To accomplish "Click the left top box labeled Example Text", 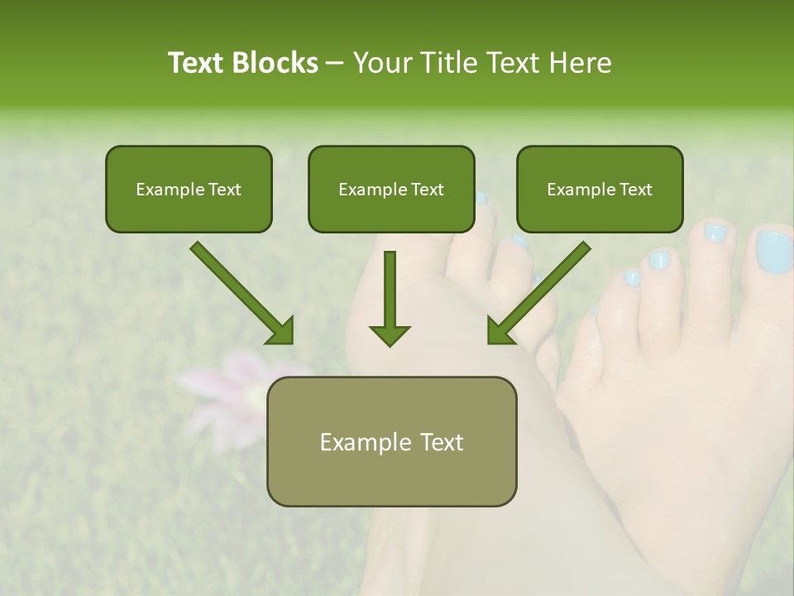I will tap(189, 189).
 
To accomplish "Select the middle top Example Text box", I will tap(391, 189).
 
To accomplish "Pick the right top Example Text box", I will tap(600, 189).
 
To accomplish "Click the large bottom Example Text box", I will tap(391, 441).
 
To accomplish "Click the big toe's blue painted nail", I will tap(774, 252).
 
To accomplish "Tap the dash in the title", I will tap(335, 64).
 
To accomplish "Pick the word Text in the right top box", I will tap(636, 189).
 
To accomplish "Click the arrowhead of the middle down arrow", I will tap(390, 334).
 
